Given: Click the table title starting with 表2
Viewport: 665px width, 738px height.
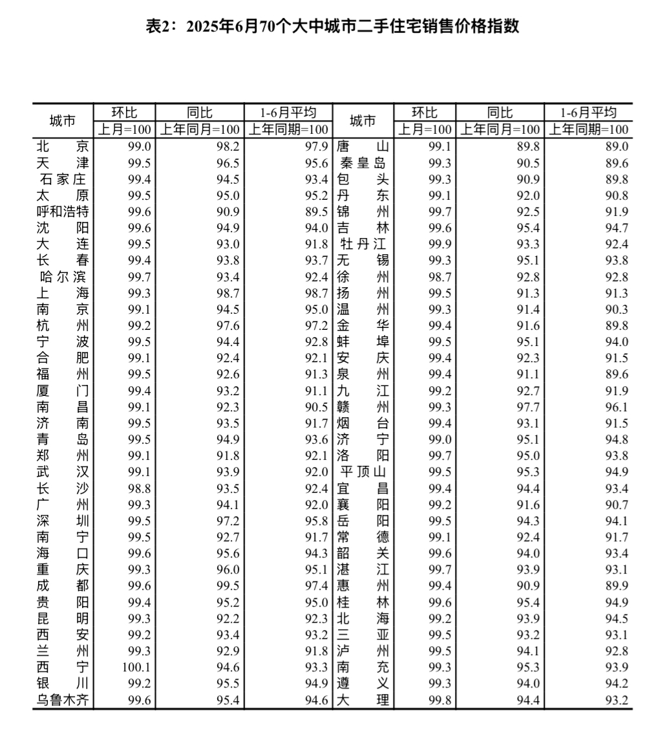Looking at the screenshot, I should click(332, 27).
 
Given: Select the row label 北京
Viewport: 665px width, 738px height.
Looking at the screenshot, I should click(63, 147).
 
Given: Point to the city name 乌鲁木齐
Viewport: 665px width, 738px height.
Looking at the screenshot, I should click(63, 700).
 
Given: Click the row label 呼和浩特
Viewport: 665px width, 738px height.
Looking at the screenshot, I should click(63, 212).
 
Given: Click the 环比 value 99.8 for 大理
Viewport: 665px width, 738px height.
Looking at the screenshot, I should click(439, 700).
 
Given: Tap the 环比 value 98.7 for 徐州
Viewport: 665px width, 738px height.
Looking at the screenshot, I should click(439, 277).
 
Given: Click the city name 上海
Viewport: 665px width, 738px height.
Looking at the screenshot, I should click(63, 293).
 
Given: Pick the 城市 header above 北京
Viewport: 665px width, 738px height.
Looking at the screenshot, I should click(63, 120).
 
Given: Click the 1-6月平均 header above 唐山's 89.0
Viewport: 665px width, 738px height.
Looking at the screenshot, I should click(588, 112).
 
